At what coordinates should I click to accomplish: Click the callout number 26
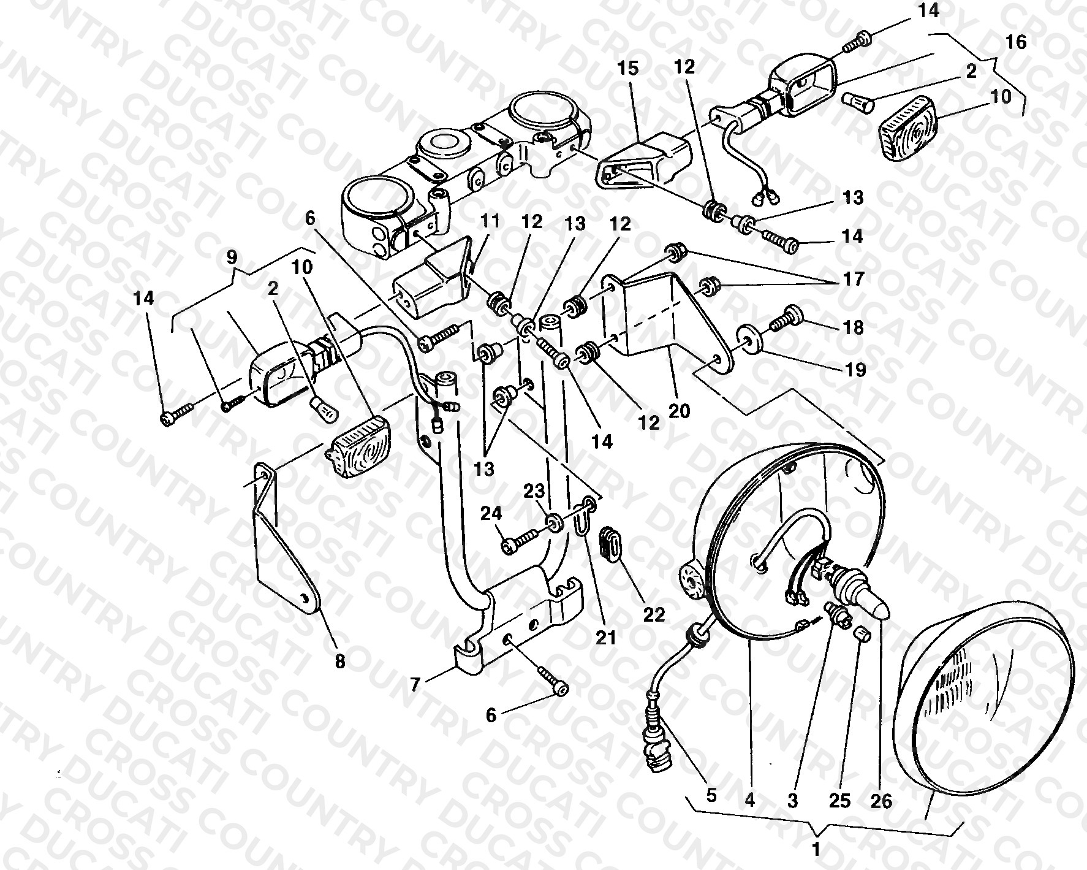(880, 801)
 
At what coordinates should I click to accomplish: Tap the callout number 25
(841, 801)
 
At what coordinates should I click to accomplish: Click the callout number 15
(627, 67)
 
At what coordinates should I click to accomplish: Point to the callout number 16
(1015, 42)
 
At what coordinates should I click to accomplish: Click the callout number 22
(654, 614)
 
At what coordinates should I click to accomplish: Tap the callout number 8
(340, 662)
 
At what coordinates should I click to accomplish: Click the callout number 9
(232, 257)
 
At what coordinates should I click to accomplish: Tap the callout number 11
(490, 221)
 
